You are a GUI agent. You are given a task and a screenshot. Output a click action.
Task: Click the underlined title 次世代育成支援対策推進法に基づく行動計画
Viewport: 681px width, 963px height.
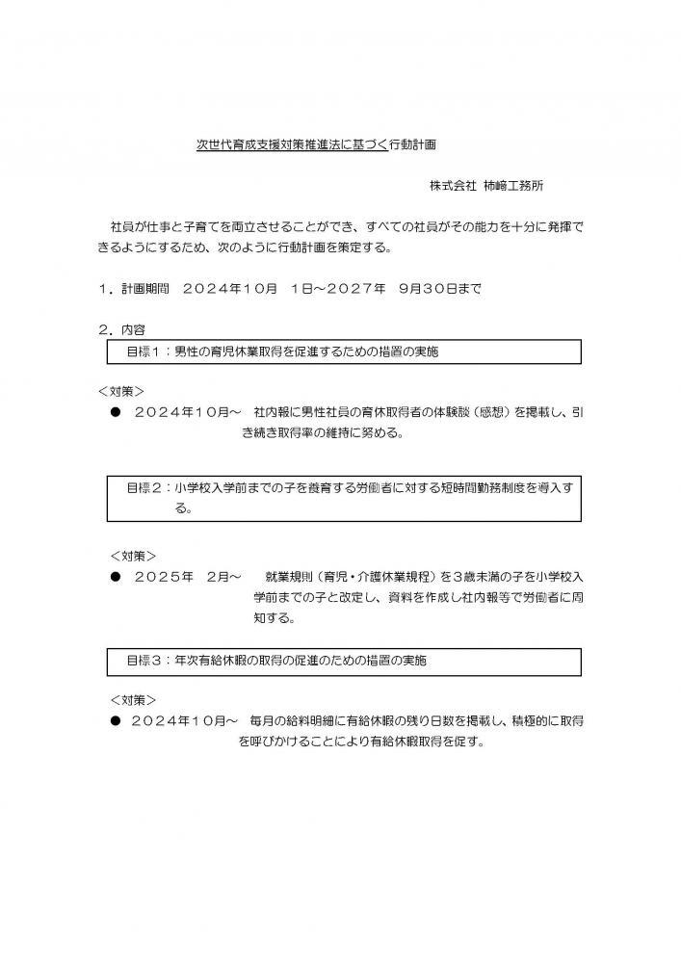tap(316, 146)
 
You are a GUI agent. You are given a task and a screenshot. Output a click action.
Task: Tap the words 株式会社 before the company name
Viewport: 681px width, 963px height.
tap(454, 184)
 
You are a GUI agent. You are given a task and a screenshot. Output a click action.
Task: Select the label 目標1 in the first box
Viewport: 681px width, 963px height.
tap(145, 351)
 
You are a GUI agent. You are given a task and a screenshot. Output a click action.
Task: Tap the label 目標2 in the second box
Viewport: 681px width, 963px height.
tap(145, 488)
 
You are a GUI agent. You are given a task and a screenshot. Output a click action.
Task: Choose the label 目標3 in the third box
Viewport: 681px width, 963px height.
tap(145, 662)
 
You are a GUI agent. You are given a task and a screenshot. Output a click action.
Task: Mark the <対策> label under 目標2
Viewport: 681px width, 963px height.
tap(134, 556)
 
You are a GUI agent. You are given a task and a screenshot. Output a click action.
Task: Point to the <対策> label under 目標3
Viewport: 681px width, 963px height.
tap(134, 700)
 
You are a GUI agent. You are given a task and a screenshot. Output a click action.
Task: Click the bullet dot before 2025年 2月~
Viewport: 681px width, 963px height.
tap(115, 577)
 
